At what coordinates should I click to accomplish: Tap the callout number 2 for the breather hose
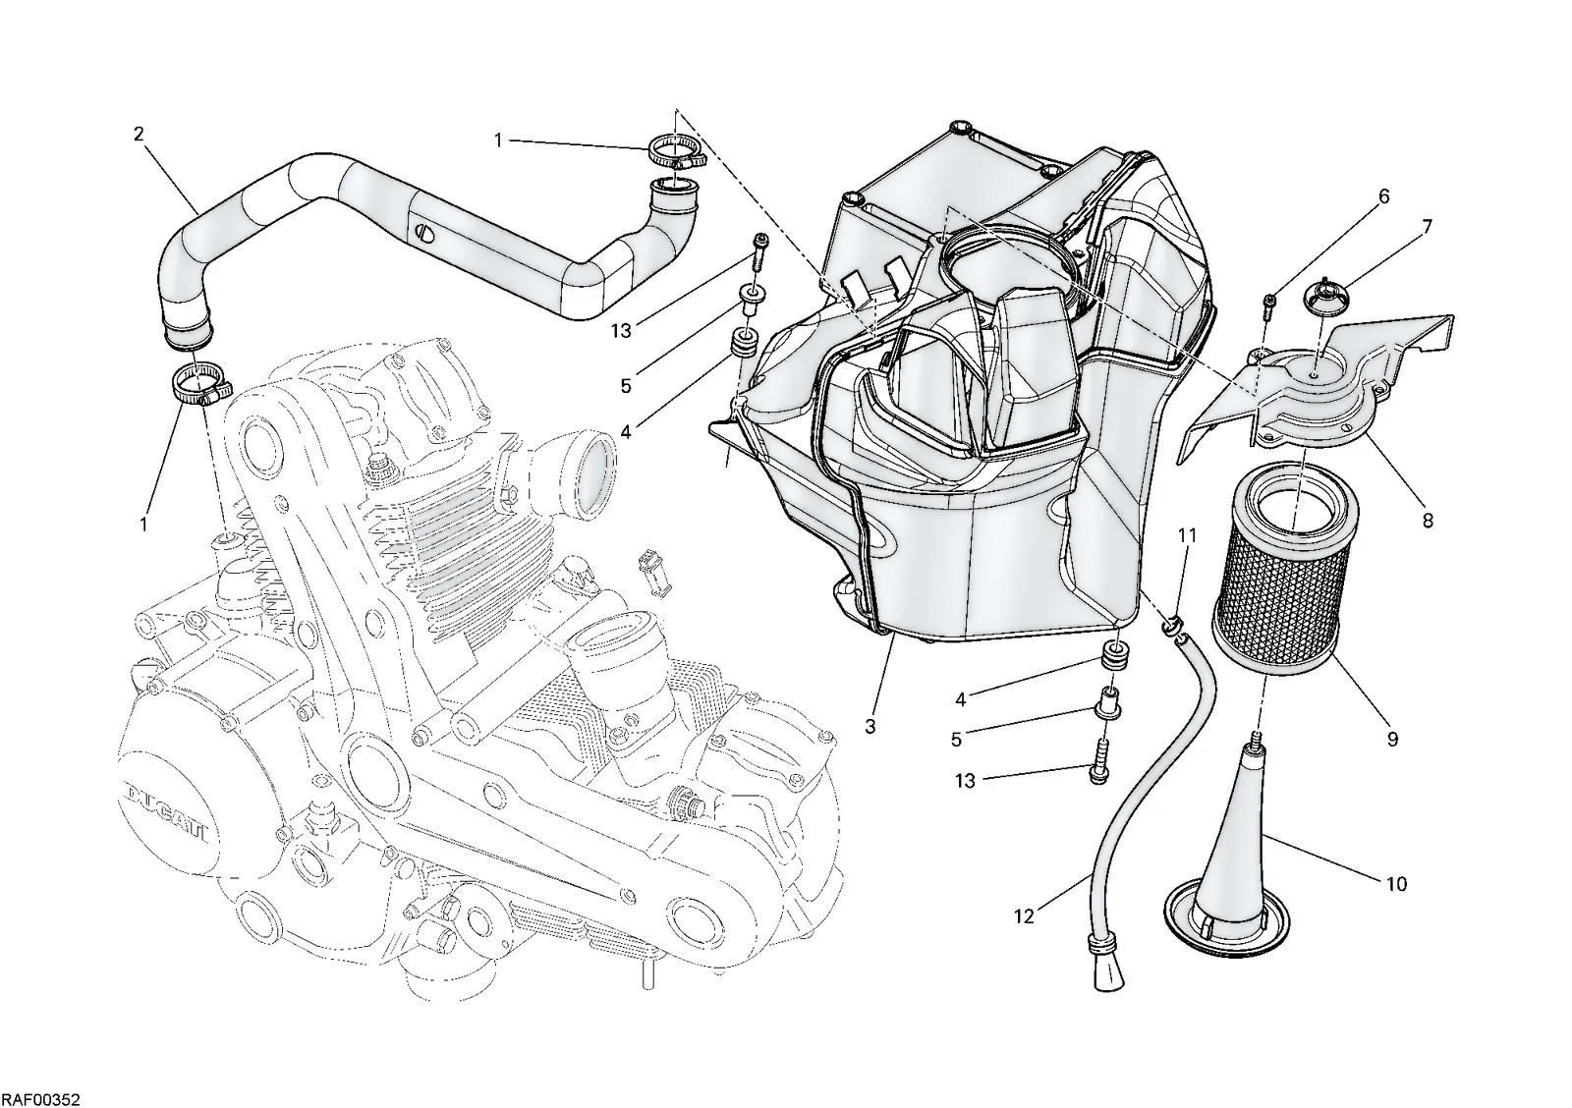(x=139, y=134)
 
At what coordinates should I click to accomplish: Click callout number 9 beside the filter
(x=1393, y=739)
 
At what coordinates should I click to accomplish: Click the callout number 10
(x=1396, y=884)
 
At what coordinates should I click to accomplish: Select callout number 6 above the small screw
(x=1384, y=196)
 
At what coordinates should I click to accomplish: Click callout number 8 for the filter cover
(x=1428, y=520)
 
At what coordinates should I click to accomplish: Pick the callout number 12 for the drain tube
(x=1025, y=916)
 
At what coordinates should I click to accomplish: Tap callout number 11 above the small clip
(x=1187, y=535)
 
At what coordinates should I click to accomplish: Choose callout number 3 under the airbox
(x=870, y=726)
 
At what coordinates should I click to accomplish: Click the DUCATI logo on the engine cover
(x=169, y=814)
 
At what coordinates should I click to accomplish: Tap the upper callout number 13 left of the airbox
(x=622, y=330)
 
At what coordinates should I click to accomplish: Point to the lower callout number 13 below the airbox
(x=966, y=781)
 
